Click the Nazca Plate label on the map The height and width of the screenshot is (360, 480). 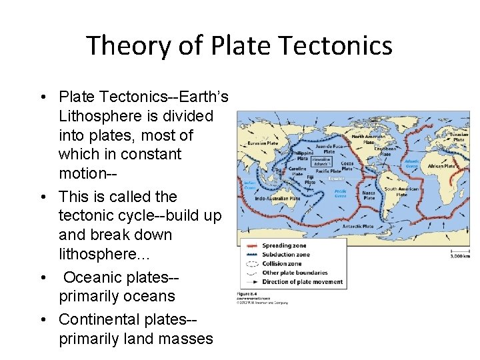pyautogui.click(x=369, y=194)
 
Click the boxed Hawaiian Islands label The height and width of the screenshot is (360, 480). pyautogui.click(x=321, y=161)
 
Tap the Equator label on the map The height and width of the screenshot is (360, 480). pyautogui.click(x=334, y=179)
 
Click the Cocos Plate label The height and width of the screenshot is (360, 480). pyautogui.click(x=347, y=165)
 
